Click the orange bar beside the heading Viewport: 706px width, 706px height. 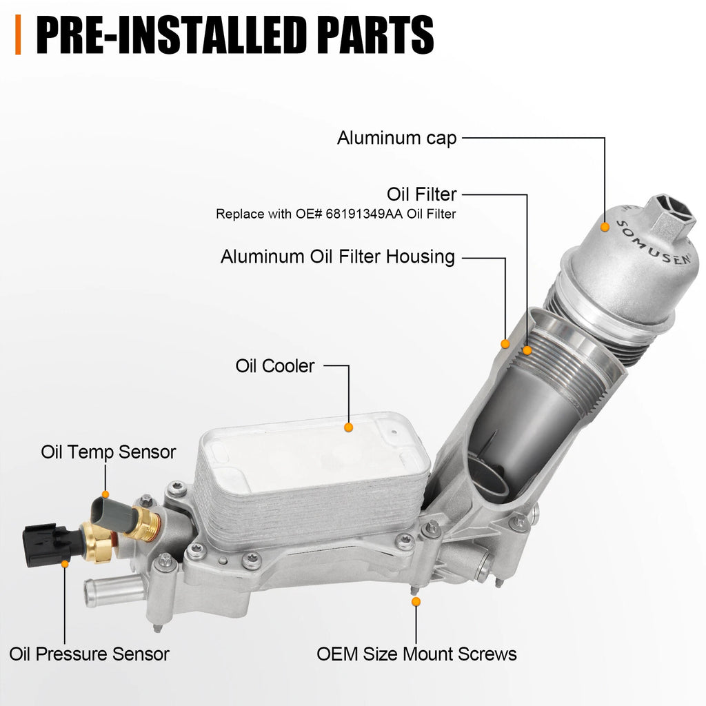point(18,34)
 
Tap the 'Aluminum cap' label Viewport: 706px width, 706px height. point(396,138)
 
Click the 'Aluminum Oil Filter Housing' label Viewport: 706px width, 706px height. point(338,256)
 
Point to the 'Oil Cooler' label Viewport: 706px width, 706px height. point(274,365)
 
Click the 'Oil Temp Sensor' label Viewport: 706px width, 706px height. point(108,452)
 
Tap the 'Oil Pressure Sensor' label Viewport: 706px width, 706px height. point(89,654)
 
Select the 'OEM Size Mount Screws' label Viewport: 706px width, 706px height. point(416,654)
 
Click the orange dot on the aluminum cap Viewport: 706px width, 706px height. point(605,228)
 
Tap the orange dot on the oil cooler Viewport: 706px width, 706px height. point(348,427)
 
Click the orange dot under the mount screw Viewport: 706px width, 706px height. point(416,601)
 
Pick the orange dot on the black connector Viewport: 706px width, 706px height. point(65,564)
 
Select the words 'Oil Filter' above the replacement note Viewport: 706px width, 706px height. point(421,194)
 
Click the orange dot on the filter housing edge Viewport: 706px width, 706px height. point(505,344)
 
